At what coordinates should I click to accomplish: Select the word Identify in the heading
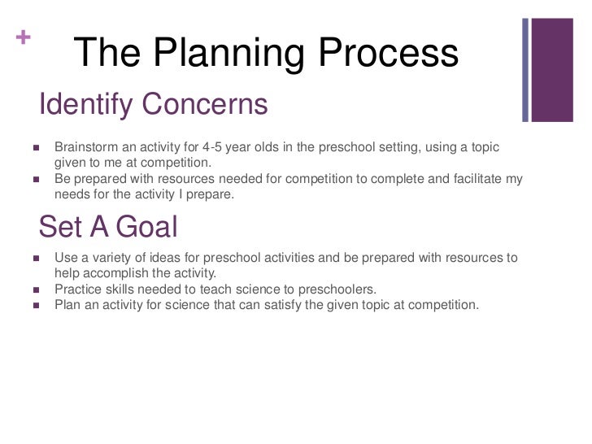click(x=86, y=104)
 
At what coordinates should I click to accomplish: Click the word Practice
click(x=79, y=289)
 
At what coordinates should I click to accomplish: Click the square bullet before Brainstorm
click(x=36, y=148)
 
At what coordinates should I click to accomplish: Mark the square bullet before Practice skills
click(x=36, y=289)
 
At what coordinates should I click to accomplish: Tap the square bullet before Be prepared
click(x=36, y=179)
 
